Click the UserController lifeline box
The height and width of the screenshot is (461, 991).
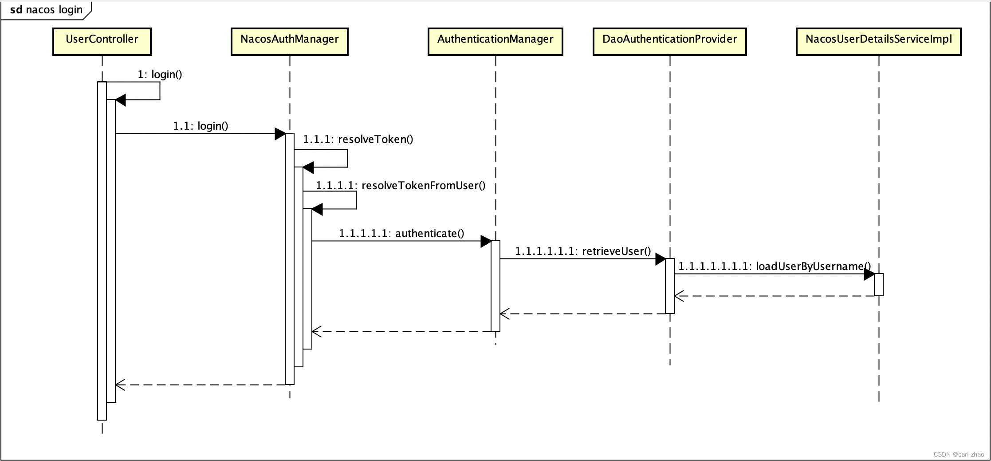coord(102,41)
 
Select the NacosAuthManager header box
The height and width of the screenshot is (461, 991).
coord(289,41)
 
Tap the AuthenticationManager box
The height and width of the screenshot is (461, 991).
coord(495,41)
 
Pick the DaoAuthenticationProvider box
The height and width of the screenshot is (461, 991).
coord(669,41)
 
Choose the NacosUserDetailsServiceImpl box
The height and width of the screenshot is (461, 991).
coord(878,41)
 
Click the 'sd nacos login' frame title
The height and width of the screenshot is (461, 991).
coord(46,10)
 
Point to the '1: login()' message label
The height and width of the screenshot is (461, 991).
coord(160,74)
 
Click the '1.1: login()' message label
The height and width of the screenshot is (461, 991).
coord(201,126)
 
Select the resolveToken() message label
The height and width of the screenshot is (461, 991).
coord(358,139)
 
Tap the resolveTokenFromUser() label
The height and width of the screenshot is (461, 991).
coord(401,185)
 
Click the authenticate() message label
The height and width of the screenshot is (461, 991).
coord(401,233)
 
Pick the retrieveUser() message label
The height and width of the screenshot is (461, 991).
coord(583,251)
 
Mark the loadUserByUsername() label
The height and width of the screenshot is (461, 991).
coord(775,266)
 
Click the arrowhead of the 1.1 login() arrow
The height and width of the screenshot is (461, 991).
coord(280,133)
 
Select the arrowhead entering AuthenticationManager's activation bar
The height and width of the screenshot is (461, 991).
coord(486,241)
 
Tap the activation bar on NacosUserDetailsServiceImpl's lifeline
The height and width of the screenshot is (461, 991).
coord(878,284)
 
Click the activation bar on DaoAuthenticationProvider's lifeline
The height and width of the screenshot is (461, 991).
coord(669,286)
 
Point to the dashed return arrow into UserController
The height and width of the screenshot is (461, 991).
coord(200,385)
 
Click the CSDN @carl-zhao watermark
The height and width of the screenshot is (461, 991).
coord(959,454)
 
